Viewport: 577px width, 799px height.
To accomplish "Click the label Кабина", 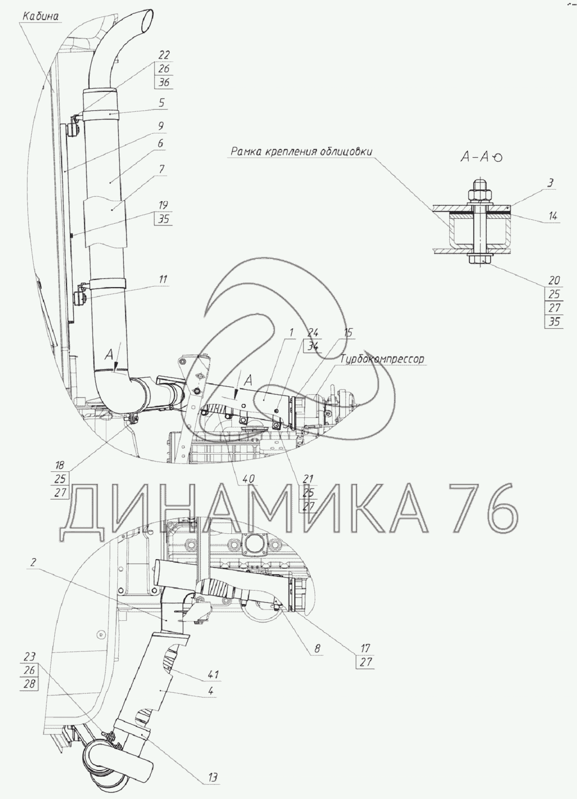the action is (41, 17).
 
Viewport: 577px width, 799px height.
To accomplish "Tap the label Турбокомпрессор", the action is (382, 358).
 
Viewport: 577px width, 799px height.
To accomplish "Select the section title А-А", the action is (481, 158).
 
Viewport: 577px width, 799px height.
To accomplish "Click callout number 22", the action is (163, 55).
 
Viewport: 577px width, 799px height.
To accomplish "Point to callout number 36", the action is (163, 83).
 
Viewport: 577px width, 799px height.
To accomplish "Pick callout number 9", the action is (160, 126).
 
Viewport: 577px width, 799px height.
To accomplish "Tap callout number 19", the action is (163, 205).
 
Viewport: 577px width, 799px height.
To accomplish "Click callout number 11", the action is (163, 279).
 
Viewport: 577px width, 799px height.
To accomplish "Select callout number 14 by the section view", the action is (553, 216).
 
